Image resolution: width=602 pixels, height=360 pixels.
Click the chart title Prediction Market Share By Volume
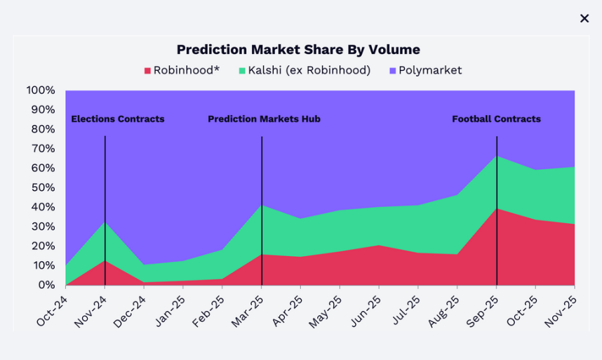[298, 50]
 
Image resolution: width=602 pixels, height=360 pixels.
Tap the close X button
[584, 18]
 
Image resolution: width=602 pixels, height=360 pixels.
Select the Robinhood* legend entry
[182, 70]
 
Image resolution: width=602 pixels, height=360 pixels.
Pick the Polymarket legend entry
[425, 70]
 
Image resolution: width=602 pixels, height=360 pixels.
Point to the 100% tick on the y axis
[40, 91]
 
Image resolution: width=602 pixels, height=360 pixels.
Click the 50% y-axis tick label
[42, 187]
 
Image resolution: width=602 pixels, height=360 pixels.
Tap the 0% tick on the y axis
[46, 285]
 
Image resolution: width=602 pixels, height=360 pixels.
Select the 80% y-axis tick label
[42, 129]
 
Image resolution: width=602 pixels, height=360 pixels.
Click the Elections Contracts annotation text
[118, 119]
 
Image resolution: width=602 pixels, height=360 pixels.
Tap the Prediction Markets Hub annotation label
[264, 119]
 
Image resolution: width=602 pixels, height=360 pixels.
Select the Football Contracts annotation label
[496, 119]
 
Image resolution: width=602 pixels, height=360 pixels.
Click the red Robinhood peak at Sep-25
[497, 209]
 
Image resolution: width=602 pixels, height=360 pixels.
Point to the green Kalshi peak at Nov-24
[105, 223]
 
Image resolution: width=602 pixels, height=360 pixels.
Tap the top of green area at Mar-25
[262, 206]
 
